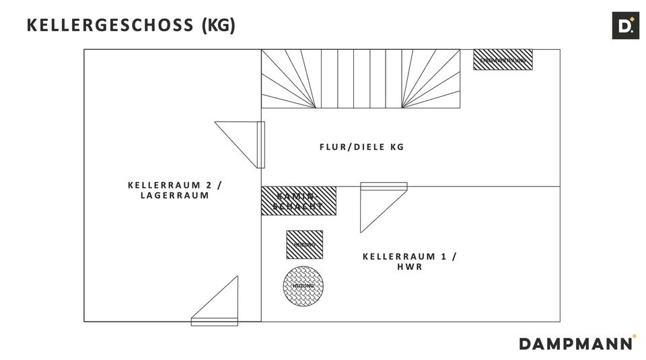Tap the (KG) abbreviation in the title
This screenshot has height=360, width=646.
(x=219, y=26)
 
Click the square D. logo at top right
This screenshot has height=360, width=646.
(x=625, y=26)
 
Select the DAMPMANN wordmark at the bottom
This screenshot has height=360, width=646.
(x=575, y=343)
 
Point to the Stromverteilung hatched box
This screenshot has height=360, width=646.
(x=503, y=60)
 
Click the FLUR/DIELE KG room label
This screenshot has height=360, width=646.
(x=361, y=147)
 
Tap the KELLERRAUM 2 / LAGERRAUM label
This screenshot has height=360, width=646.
(x=175, y=190)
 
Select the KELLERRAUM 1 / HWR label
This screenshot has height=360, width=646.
(x=409, y=261)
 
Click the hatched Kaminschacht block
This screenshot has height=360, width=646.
(x=299, y=201)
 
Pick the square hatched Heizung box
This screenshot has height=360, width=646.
(x=304, y=244)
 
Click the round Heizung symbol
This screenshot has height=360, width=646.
(x=303, y=286)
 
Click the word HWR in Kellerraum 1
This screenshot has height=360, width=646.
(x=409, y=267)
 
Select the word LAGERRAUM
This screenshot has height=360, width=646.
(x=175, y=196)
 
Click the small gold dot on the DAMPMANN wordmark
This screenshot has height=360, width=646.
(x=634, y=336)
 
